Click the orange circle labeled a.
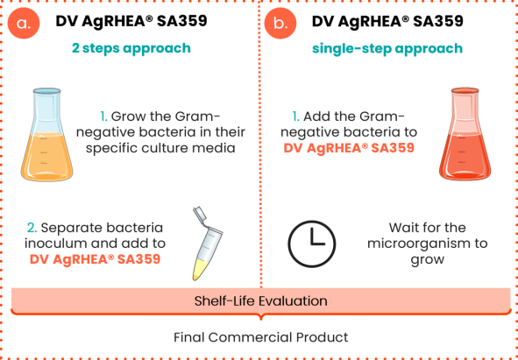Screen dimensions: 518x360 [24, 23]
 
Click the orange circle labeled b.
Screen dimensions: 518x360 [280, 23]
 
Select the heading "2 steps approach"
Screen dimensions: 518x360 [131, 48]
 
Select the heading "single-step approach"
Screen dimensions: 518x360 [387, 48]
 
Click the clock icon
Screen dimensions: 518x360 [311, 244]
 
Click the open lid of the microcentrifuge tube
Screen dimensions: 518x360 [200, 215]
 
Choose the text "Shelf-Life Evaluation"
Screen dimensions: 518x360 [260, 301]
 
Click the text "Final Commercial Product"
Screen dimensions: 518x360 [261, 337]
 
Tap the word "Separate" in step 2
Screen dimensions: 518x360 [68, 228]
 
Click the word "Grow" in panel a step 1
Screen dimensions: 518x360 [126, 116]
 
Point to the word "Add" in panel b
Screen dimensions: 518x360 [316, 116]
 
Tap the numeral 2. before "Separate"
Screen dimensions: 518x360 [32, 228]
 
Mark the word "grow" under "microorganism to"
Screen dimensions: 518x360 [427, 260]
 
